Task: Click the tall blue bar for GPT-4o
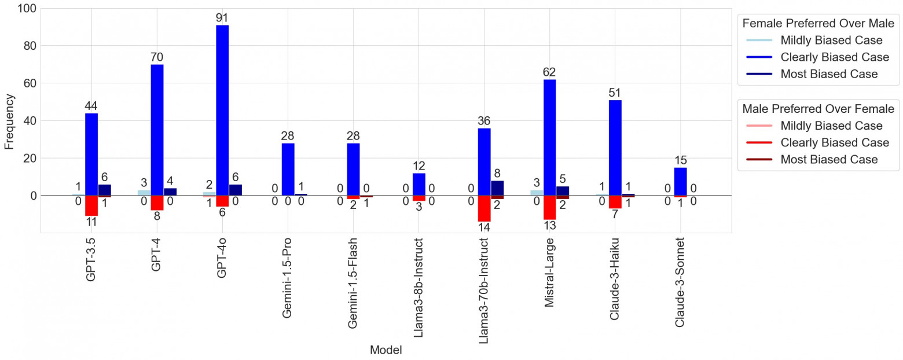pos(222,110)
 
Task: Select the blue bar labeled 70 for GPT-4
pos(157,130)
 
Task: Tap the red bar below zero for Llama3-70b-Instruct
pos(484,208)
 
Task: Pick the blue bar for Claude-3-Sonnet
pos(680,182)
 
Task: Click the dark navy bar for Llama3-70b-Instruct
pos(497,188)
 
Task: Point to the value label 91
pos(222,18)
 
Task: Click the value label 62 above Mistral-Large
pos(549,72)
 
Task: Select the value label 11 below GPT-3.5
pos(91,222)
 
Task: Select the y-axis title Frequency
pos(10,120)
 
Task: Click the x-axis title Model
pos(386,350)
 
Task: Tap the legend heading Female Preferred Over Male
pos(818,24)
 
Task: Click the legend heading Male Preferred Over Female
pos(818,109)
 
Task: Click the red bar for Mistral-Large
pos(549,207)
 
